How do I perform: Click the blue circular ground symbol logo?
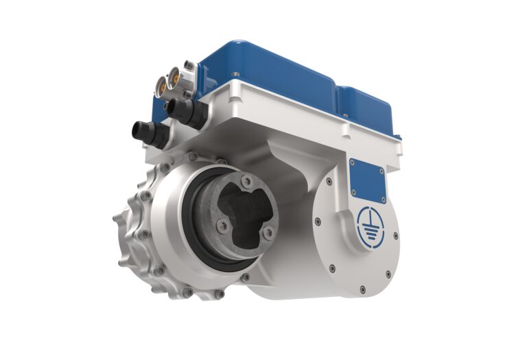tap(371, 224)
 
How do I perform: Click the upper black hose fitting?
tap(180, 109)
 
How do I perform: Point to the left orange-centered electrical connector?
tap(162, 86)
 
